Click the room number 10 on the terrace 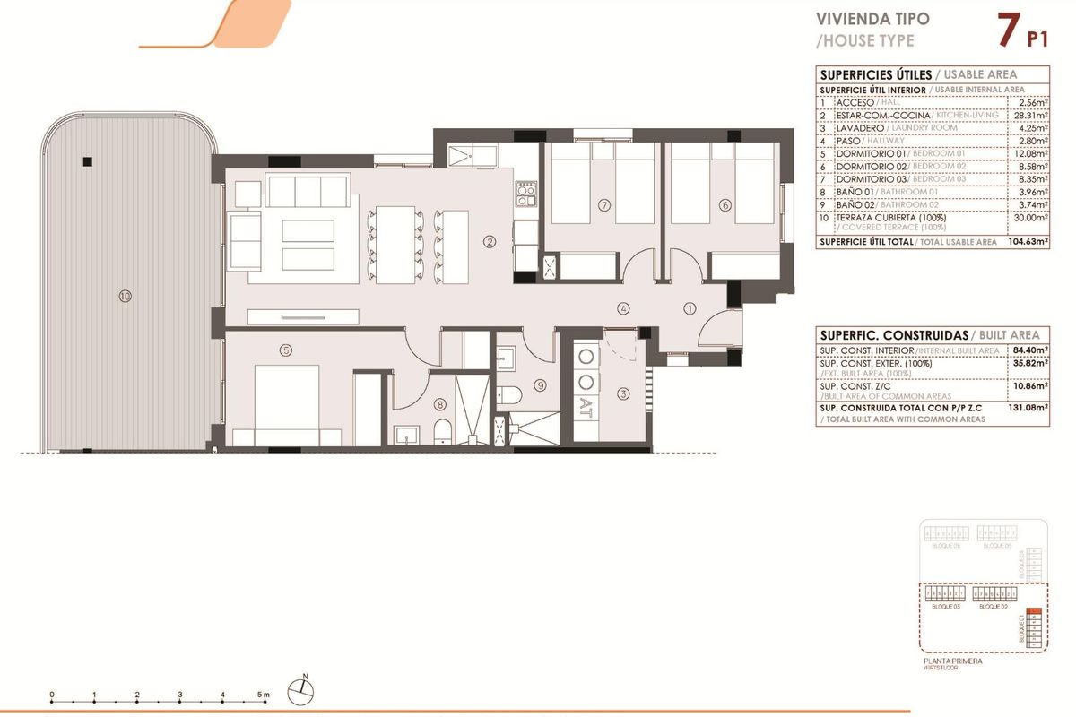point(125,296)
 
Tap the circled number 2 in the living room point(489,241)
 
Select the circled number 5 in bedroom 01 point(285,350)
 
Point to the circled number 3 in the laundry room point(623,393)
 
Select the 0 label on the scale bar point(52,695)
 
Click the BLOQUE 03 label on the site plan point(945,607)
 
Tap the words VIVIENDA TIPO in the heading point(859,19)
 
